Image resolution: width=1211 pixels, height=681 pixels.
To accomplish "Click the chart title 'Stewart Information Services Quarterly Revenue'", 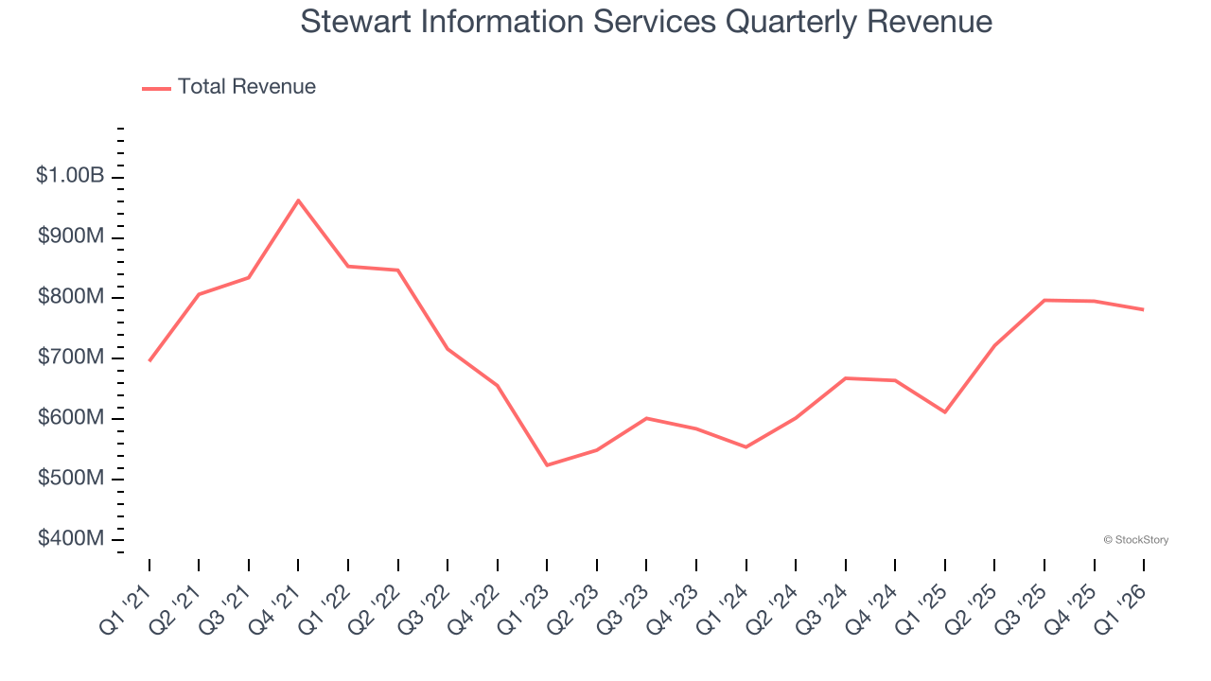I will pyautogui.click(x=646, y=22).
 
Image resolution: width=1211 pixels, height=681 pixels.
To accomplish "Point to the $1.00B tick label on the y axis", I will pyautogui.click(x=70, y=176).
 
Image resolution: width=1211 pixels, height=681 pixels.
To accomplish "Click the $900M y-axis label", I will pyautogui.click(x=70, y=236).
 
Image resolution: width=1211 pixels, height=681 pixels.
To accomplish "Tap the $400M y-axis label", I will pyautogui.click(x=70, y=539).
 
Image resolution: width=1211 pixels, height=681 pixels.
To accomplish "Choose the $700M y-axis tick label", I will pyautogui.click(x=70, y=358).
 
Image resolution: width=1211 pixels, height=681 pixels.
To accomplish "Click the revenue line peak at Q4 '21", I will pyautogui.click(x=298, y=201).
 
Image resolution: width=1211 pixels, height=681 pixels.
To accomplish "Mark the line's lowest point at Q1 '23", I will pyautogui.click(x=547, y=465).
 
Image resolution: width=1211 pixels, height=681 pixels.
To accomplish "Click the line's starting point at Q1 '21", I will pyautogui.click(x=149, y=360).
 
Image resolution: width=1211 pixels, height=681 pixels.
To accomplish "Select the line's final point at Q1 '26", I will pyautogui.click(x=1144, y=309).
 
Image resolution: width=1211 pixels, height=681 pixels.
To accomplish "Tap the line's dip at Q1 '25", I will pyautogui.click(x=945, y=412).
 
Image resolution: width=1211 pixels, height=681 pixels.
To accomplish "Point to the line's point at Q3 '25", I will pyautogui.click(x=1044, y=300).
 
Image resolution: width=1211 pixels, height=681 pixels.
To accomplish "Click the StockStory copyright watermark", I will pyautogui.click(x=1135, y=540).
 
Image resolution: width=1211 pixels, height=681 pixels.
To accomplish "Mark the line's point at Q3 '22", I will pyautogui.click(x=448, y=349).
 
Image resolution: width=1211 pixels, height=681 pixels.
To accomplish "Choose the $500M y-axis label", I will pyautogui.click(x=70, y=479).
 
